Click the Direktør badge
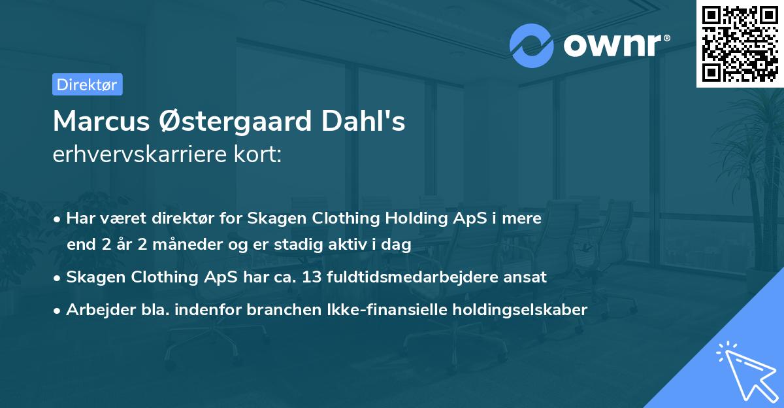(87, 84)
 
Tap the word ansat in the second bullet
(526, 277)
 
